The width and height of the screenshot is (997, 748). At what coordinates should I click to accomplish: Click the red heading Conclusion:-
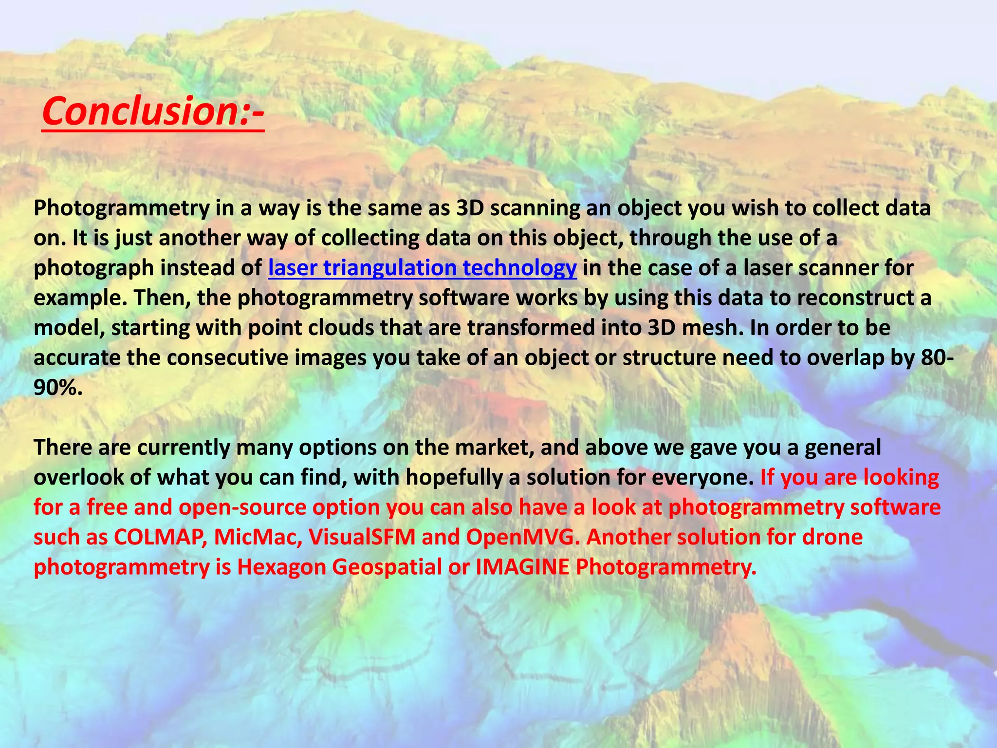152,111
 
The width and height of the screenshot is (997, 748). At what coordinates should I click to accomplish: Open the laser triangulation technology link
422,268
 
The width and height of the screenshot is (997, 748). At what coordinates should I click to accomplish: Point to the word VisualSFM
362,537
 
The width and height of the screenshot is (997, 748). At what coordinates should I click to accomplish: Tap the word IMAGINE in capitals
522,567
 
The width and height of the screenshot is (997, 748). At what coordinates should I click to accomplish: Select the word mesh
712,328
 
